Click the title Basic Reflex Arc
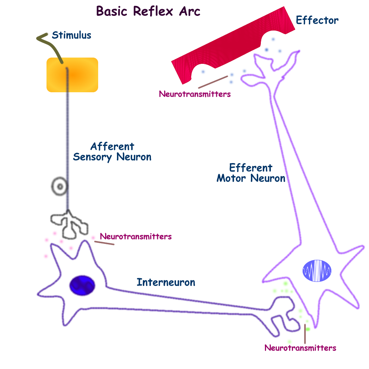point(148,11)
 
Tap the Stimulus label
point(71,35)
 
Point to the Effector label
point(317,20)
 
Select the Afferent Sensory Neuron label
point(112,152)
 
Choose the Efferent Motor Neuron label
point(251,173)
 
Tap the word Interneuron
point(166,283)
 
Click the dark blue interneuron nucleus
point(82,286)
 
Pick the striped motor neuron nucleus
point(317,271)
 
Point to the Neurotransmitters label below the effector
point(194,94)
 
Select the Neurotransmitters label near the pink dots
point(136,236)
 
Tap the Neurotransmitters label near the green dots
point(300,348)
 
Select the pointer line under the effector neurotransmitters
point(213,82)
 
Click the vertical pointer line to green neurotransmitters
point(305,334)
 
